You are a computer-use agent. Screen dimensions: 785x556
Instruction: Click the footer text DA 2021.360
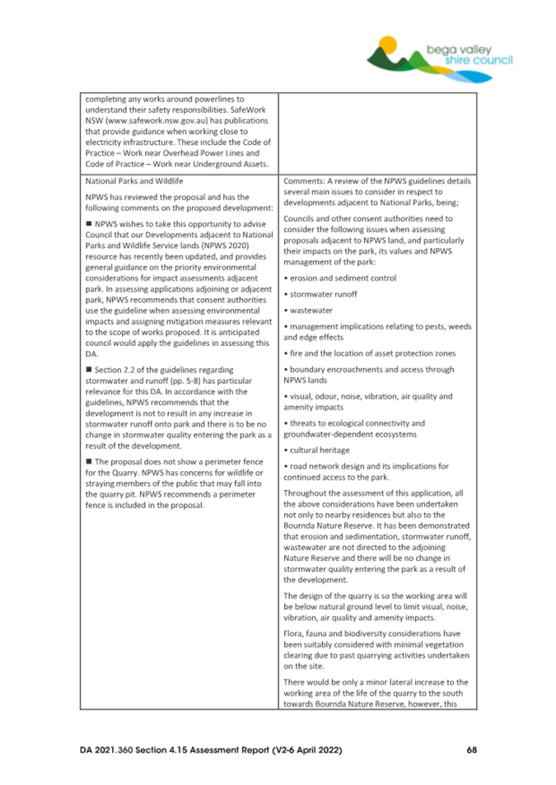[116, 750]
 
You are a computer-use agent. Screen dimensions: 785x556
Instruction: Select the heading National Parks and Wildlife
[134, 180]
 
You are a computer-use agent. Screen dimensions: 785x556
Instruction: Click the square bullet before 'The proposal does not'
[88, 460]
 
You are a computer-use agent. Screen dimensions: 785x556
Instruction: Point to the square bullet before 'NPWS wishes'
[88, 226]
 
